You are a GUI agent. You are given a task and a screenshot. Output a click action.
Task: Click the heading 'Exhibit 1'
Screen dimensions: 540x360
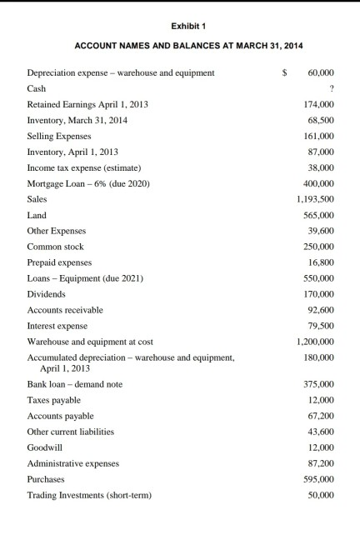pos(179,26)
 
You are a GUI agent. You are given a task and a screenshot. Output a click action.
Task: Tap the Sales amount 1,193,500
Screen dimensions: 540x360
pos(316,199)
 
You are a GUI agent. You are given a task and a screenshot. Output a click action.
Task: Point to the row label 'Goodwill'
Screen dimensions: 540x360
pos(44,447)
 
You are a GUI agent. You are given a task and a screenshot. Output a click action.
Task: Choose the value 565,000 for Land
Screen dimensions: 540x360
pos(321,215)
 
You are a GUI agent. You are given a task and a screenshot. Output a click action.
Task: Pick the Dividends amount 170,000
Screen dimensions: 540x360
pos(321,294)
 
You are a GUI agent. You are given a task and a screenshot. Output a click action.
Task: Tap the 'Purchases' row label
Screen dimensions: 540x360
pos(47,479)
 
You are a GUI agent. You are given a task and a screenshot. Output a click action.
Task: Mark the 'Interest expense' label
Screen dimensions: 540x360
pos(57,326)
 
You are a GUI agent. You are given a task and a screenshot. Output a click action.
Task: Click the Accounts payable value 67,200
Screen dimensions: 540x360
pos(323,416)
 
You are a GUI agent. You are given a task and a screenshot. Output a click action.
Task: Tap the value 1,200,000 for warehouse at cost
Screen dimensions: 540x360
pos(316,342)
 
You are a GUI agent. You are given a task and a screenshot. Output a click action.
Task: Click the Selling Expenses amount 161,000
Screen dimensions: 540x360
pos(321,136)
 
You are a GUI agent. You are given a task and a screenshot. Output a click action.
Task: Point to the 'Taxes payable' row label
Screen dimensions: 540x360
pos(54,400)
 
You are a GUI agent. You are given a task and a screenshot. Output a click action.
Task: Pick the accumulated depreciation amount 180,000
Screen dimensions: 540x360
pos(321,357)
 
